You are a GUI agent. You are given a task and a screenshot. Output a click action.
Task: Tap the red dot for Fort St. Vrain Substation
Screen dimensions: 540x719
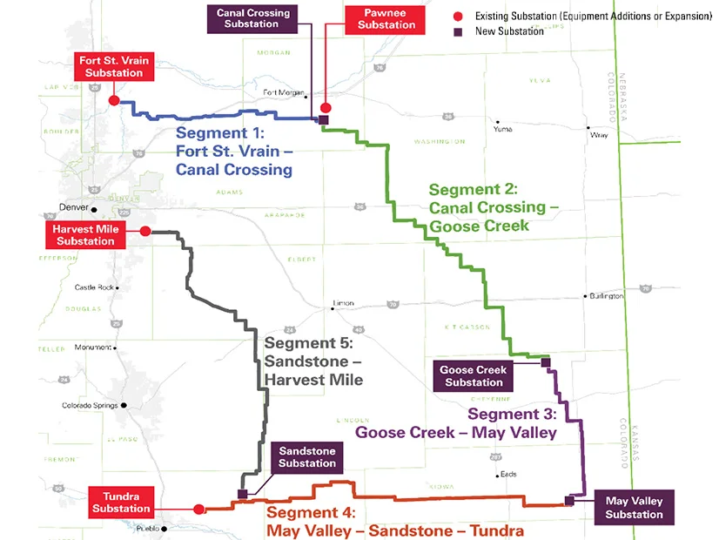pyautogui.click(x=114, y=101)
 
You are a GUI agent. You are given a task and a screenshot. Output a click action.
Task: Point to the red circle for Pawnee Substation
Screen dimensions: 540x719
pyautogui.click(x=327, y=109)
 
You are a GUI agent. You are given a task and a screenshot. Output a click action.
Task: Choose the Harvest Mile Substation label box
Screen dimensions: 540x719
pyautogui.click(x=85, y=235)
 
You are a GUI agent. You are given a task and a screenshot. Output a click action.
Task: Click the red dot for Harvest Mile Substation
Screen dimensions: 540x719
pyautogui.click(x=145, y=231)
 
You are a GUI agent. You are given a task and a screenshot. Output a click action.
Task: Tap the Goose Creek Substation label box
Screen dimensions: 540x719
pyautogui.click(x=474, y=376)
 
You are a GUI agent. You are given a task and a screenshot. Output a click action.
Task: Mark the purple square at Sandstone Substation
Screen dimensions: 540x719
pyautogui.click(x=242, y=494)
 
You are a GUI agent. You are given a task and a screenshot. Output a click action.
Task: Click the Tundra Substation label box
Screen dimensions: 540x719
pyautogui.click(x=121, y=503)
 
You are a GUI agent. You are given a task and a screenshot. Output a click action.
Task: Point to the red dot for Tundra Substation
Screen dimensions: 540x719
pyautogui.click(x=198, y=509)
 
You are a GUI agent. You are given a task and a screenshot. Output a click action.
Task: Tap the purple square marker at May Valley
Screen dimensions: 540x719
pyautogui.click(x=569, y=500)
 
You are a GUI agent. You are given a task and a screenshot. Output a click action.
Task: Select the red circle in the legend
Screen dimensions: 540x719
pyautogui.click(x=458, y=17)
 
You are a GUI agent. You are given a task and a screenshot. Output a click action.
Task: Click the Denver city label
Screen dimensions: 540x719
pyautogui.click(x=74, y=207)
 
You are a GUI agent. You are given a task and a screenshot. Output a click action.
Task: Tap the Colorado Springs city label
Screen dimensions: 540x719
pyautogui.click(x=89, y=405)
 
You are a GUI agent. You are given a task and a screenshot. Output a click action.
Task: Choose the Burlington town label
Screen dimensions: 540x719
pyautogui.click(x=606, y=296)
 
